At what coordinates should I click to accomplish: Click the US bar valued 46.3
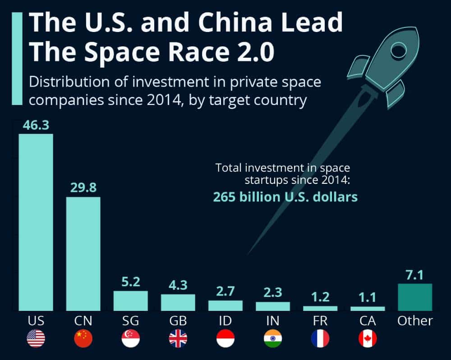tap(36, 222)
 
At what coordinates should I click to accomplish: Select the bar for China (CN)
tap(83, 254)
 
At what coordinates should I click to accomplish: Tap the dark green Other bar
tap(415, 297)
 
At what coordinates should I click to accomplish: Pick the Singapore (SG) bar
tap(130, 301)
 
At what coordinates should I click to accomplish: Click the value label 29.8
tap(83, 187)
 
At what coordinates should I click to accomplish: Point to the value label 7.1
tap(415, 274)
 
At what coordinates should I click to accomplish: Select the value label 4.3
tap(178, 285)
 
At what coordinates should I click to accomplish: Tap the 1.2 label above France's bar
tap(320, 297)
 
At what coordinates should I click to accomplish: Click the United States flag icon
tap(36, 338)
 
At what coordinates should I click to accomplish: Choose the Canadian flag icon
tap(368, 338)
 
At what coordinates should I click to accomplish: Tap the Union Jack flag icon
tap(178, 338)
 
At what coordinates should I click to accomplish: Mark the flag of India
tap(273, 338)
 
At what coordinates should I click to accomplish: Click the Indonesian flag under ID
tap(225, 338)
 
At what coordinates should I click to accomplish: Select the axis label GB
tap(178, 321)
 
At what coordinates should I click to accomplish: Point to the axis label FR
tap(320, 321)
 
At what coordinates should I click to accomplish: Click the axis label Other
tap(415, 321)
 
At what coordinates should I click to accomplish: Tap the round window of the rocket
tap(399, 51)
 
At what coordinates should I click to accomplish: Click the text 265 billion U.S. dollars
tap(285, 197)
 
